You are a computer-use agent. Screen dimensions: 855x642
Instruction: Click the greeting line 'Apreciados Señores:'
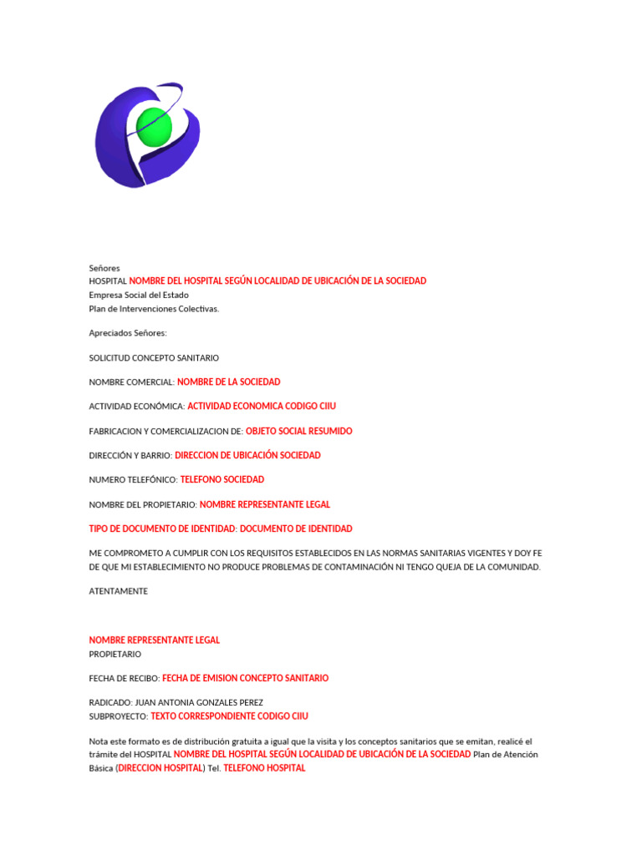coord(128,333)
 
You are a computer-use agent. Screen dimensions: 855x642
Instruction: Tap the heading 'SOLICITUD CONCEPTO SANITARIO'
coord(154,357)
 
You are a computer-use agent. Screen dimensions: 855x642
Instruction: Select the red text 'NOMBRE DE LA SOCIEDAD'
coord(229,382)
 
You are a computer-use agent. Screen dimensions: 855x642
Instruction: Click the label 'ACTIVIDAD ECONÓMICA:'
coord(137,407)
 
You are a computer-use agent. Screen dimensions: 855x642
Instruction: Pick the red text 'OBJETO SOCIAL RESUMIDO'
coord(299,431)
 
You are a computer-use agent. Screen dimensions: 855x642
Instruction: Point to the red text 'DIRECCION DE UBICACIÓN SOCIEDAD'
coord(247,455)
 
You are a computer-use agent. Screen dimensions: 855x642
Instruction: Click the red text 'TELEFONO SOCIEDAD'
coord(222,479)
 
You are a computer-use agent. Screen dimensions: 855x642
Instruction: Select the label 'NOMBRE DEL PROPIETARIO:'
coord(143,504)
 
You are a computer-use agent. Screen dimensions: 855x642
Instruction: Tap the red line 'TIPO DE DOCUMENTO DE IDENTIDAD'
coord(221,529)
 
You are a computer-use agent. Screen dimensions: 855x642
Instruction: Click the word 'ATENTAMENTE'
coord(119,591)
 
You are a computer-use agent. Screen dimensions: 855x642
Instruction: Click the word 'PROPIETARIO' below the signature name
coord(115,654)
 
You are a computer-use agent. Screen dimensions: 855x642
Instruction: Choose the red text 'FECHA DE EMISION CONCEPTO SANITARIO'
coord(245,678)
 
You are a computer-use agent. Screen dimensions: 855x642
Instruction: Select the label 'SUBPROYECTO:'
coord(118,716)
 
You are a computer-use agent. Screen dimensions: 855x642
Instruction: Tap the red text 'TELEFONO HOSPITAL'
coord(265,768)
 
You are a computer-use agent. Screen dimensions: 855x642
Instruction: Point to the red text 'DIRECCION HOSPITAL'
coord(160,768)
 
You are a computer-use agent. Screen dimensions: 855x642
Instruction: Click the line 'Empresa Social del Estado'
coord(139,295)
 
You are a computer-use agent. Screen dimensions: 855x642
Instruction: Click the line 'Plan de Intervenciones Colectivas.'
coord(154,308)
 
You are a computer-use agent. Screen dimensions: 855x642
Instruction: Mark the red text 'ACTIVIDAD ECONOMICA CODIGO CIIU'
coord(262,407)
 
